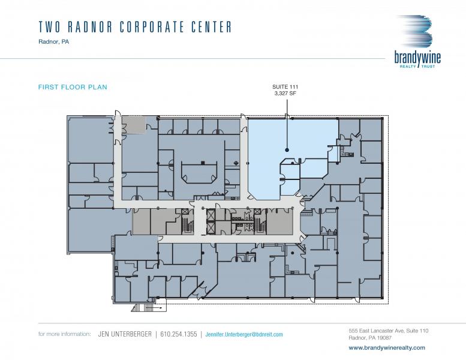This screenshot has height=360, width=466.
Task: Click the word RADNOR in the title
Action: click(x=91, y=27)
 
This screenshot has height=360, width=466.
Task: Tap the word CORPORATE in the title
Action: click(x=152, y=27)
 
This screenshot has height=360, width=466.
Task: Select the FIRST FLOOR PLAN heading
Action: click(x=73, y=87)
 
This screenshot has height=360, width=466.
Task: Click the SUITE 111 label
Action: click(x=285, y=87)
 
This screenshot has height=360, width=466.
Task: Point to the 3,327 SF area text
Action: click(x=285, y=94)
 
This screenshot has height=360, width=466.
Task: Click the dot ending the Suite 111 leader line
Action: click(x=287, y=150)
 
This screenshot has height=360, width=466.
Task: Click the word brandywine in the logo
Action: click(x=417, y=58)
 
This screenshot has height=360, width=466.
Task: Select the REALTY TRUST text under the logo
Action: click(x=417, y=66)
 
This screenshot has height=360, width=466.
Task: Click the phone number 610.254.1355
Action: click(x=179, y=334)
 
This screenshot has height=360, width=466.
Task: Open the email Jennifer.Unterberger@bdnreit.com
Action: click(x=244, y=334)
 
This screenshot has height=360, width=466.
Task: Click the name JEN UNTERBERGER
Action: click(x=125, y=334)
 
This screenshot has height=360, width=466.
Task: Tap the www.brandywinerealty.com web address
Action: click(x=387, y=347)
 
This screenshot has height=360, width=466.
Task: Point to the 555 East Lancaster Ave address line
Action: click(x=389, y=331)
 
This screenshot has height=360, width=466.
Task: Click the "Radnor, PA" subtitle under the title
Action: click(x=53, y=42)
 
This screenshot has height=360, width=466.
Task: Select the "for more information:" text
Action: click(x=65, y=334)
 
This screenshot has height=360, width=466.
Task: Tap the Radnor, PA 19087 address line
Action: click(x=370, y=338)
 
